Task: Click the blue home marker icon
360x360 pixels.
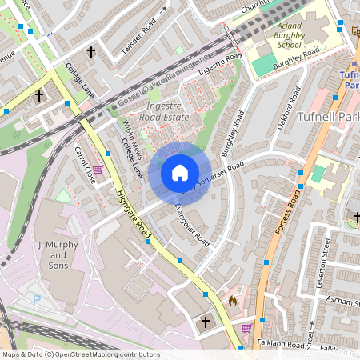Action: [x=179, y=173]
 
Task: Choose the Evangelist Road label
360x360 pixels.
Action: [x=192, y=225]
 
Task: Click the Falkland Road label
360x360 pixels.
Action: [x=283, y=342]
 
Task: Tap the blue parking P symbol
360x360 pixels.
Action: [x=36, y=299]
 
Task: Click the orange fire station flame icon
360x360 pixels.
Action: [x=232, y=301]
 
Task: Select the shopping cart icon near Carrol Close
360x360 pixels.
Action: [x=98, y=170]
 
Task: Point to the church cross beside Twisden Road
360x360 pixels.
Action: [x=90, y=52]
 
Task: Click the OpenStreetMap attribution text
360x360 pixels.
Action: [x=80, y=354]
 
